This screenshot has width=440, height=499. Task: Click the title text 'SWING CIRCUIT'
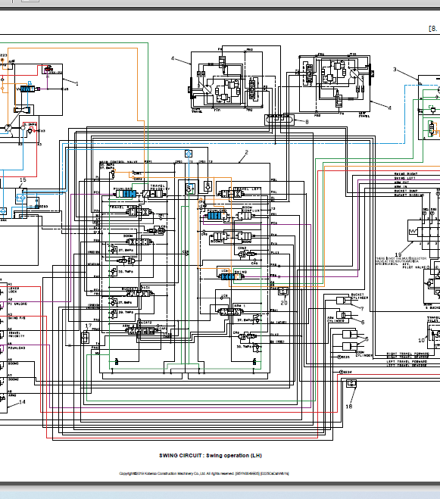point(181,456)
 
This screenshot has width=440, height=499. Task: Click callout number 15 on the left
point(23,180)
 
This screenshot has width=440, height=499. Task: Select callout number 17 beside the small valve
point(89,326)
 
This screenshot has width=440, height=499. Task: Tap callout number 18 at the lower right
point(349,406)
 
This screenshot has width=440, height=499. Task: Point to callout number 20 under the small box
point(285,301)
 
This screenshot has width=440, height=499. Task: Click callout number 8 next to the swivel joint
point(307,121)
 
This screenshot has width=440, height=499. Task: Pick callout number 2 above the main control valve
point(245,153)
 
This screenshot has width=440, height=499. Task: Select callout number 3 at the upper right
point(395,69)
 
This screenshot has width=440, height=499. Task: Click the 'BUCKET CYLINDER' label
point(357,296)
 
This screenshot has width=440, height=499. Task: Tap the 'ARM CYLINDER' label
point(335,319)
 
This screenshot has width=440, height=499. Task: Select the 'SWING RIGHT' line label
point(407,174)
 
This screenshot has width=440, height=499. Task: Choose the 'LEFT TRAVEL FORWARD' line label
point(408,365)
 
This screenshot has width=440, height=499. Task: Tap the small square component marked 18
point(351,384)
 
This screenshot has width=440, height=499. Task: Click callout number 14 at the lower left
point(23,402)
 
